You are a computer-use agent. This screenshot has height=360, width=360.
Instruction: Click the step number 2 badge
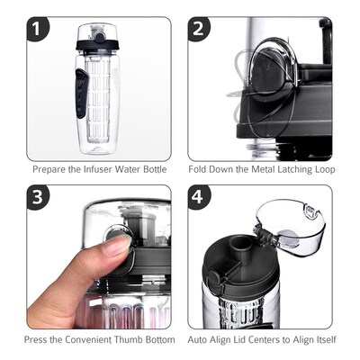point(201,31)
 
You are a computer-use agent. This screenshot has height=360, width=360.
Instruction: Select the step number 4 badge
point(201,198)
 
